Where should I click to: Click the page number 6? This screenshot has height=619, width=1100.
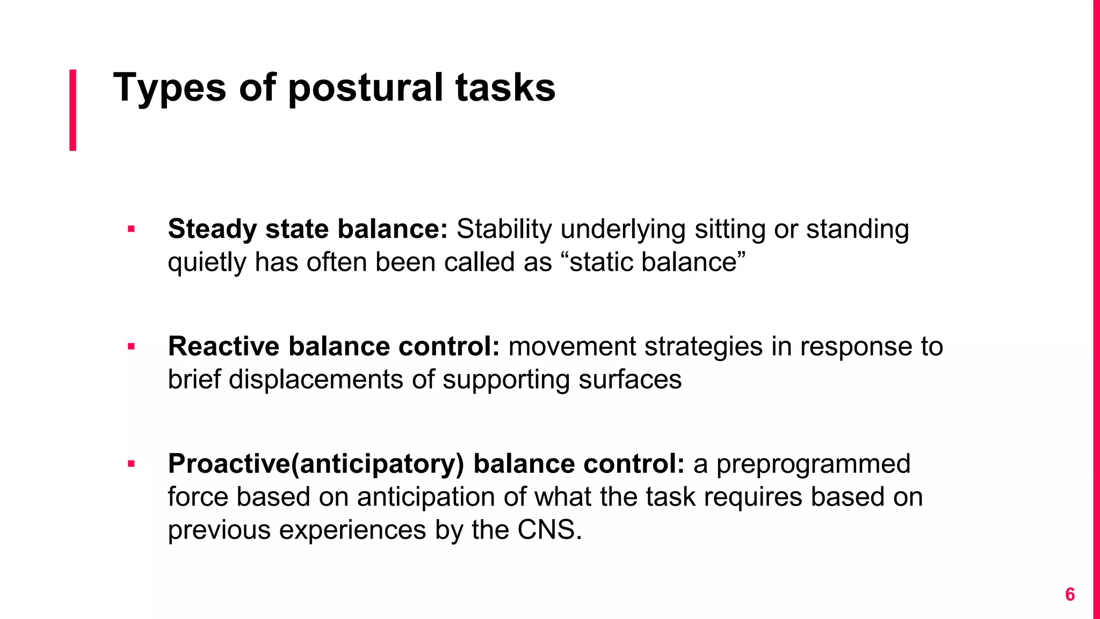pos(1069,594)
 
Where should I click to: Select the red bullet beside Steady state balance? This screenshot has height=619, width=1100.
pos(131,230)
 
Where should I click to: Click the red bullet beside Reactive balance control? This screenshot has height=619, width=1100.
pos(131,347)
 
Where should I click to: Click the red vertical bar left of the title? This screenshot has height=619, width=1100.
pos(73,110)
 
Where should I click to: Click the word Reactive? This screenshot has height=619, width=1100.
pos(223,346)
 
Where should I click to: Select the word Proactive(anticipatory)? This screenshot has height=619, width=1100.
pos(315,464)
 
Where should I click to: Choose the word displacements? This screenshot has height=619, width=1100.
pos(316,379)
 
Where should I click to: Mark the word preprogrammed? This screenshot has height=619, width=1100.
pos(813,464)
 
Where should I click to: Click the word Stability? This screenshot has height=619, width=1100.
pos(504,229)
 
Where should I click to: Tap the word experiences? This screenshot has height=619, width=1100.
pos(352,530)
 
